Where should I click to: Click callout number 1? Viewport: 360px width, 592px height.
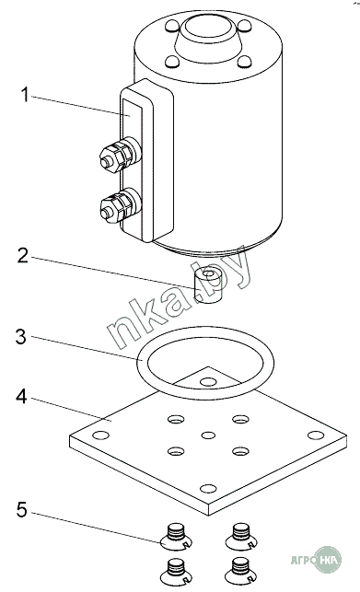25,95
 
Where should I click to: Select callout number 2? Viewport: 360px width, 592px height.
23,256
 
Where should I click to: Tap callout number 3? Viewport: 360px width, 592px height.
21,336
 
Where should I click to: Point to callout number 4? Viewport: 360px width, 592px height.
21,397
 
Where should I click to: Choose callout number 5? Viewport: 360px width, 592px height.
22,510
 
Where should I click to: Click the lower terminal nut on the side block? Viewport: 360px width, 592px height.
111,209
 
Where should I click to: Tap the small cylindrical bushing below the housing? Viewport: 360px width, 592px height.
207,285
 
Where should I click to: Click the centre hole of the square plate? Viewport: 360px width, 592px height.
208,435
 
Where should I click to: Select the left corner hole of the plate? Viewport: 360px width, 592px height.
100,435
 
